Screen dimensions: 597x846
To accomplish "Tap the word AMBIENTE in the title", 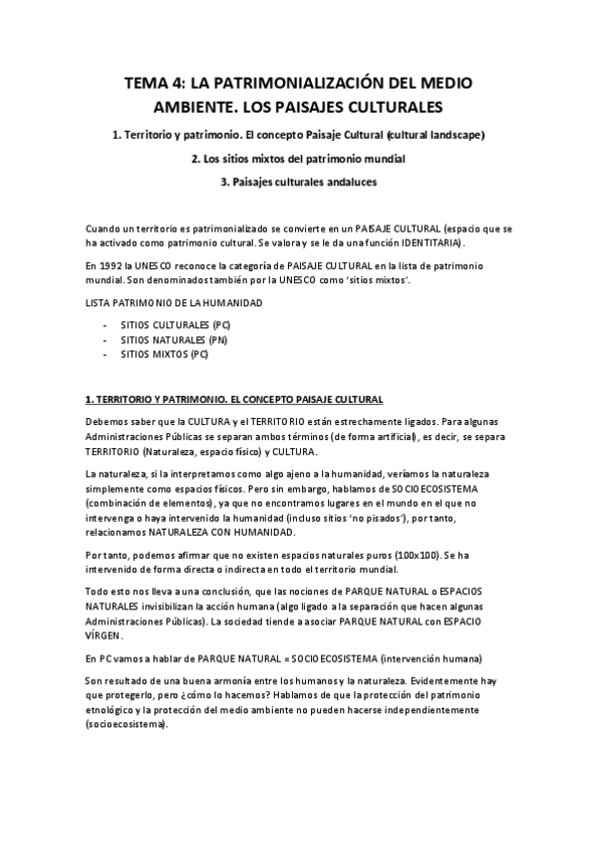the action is pos(197,106).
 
